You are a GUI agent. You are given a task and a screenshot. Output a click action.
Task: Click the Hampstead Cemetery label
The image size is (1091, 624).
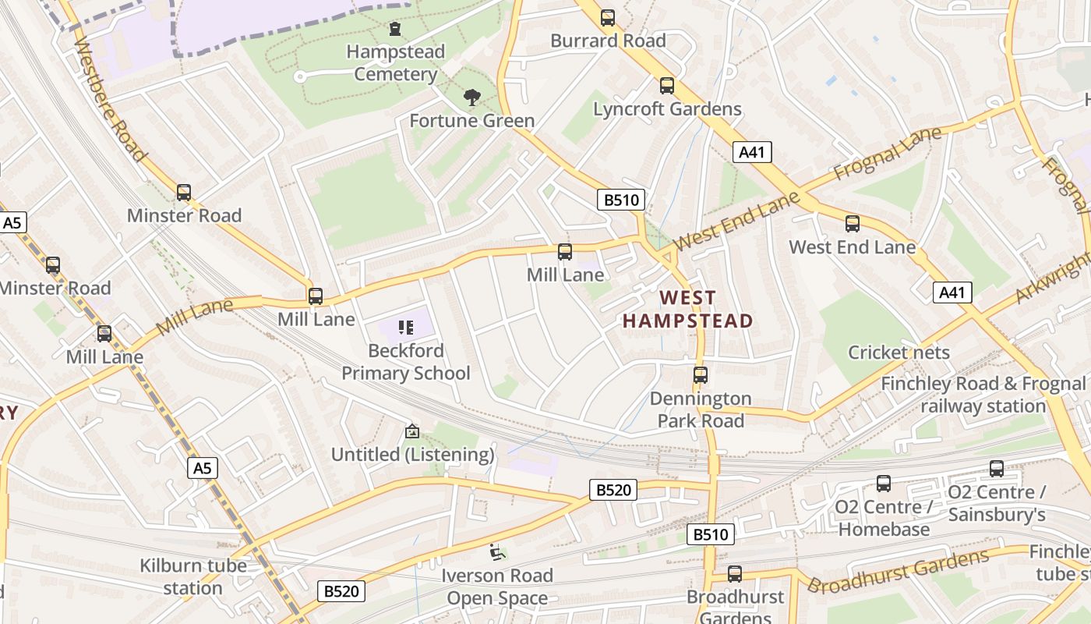click(x=396, y=63)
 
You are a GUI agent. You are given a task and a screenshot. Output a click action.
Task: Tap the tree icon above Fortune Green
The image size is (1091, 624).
click(x=471, y=97)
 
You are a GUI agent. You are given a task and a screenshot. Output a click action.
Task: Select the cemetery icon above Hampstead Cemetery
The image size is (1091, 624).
click(x=396, y=30)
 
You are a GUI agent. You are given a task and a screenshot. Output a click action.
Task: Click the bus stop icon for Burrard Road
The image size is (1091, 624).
click(x=608, y=18)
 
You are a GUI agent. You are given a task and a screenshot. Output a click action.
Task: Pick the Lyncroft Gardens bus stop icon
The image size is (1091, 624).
click(x=667, y=86)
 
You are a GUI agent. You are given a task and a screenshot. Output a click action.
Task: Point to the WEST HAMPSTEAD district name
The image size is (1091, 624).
click(x=687, y=309)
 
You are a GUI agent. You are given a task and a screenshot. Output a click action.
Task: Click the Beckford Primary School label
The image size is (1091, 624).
click(x=406, y=362)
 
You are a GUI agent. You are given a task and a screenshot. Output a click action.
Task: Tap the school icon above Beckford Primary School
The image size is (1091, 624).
click(x=406, y=328)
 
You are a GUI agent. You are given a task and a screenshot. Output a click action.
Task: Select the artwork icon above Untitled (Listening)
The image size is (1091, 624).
click(x=412, y=431)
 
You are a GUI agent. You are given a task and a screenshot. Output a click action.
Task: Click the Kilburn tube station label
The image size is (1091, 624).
click(x=193, y=576)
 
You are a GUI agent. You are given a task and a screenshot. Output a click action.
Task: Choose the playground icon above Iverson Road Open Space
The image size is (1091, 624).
click(x=496, y=552)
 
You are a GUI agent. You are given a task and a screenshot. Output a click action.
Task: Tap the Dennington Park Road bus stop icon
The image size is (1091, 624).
click(x=701, y=375)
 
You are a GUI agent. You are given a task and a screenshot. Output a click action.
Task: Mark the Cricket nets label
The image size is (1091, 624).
click(x=899, y=353)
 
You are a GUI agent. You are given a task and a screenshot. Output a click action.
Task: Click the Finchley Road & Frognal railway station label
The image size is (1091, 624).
click(x=983, y=395)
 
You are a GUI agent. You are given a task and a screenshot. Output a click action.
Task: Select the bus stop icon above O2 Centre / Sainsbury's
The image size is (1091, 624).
click(x=997, y=469)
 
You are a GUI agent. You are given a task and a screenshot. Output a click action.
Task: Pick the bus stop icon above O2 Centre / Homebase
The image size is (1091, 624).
click(x=884, y=484)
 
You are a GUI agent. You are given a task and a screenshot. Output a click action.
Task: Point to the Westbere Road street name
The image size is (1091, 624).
click(x=110, y=98)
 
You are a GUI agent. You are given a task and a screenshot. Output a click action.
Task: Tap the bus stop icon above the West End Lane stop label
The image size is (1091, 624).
click(x=853, y=224)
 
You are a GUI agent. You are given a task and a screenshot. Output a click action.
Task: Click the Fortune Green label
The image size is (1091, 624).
click(x=472, y=121)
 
